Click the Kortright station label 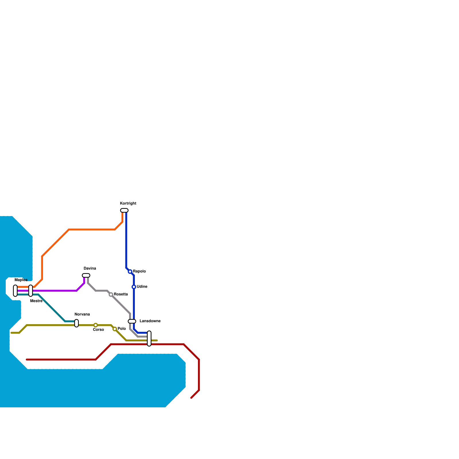[128, 203]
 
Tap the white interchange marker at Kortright [124, 210]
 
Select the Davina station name [90, 269]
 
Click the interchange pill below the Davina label [86, 275]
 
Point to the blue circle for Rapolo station [130, 271]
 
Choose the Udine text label [142, 287]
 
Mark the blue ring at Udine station [134, 287]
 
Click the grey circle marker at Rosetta [111, 295]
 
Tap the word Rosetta [121, 294]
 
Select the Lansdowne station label [150, 321]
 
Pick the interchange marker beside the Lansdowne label [132, 321]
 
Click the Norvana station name [82, 314]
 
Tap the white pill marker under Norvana [77, 323]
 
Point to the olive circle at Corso [96, 325]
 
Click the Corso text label [98, 330]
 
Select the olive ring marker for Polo [115, 329]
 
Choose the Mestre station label [36, 301]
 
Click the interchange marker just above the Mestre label [31, 291]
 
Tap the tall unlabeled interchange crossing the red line [149, 339]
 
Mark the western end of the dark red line [27, 359]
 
